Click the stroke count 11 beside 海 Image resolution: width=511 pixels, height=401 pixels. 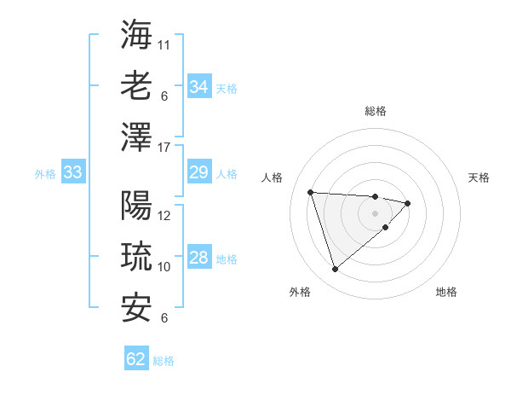coord(164,44)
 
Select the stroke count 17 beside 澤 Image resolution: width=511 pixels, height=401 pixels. coord(164,148)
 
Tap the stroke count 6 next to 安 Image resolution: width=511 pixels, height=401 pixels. coord(164,318)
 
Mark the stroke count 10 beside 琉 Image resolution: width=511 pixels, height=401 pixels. coord(164,267)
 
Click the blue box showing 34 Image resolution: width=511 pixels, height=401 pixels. coord(198,87)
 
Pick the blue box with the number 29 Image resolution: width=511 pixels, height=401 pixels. coord(198,172)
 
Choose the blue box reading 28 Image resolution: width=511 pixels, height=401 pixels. coord(198,258)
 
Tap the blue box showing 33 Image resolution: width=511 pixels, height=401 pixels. coord(72,172)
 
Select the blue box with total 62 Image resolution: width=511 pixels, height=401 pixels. coord(136,359)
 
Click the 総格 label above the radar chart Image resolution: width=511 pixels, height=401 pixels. coord(375,111)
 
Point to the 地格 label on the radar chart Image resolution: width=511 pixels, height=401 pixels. coord(446,292)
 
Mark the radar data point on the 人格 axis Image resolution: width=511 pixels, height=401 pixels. coord(311,192)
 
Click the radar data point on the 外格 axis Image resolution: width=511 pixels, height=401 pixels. coord(335,270)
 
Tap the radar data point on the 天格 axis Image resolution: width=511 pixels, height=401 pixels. coord(408,203)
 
